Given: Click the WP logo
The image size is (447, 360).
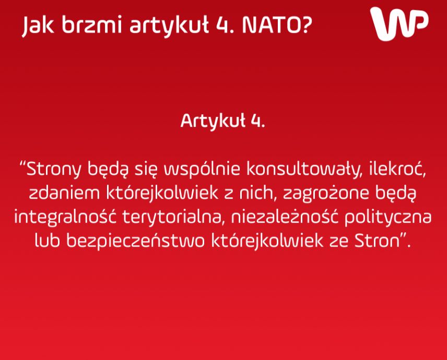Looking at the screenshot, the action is (399, 23).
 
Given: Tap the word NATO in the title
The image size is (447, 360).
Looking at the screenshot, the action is (268, 25).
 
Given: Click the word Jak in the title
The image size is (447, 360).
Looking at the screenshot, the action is (38, 26).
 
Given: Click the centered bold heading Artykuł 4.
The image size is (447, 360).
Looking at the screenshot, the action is (222, 121).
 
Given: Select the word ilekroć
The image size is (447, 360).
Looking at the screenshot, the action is (397, 169).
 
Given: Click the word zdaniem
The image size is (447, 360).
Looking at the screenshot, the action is (64, 194).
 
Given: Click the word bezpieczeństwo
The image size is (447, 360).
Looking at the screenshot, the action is (135, 241).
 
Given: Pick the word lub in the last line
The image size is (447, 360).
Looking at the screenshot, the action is (48, 241).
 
